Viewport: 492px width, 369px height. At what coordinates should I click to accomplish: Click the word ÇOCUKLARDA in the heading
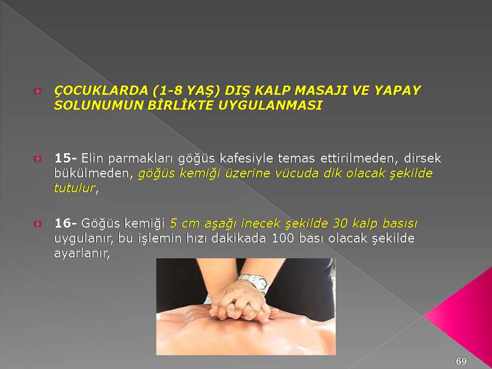click(x=101, y=90)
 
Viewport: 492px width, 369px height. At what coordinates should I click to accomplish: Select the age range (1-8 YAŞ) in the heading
click(x=188, y=91)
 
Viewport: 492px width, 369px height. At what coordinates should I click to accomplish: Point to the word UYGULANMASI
click(x=270, y=105)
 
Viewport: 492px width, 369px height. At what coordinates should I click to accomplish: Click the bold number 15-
click(x=65, y=158)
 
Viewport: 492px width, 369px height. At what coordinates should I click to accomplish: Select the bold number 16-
click(x=65, y=223)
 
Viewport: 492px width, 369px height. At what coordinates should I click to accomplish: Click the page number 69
click(x=461, y=361)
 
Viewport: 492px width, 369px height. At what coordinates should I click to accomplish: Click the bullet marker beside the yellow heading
click(x=37, y=91)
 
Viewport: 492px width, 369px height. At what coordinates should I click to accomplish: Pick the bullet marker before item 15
click(x=37, y=159)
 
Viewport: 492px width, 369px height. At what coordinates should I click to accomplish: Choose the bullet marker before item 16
click(x=37, y=224)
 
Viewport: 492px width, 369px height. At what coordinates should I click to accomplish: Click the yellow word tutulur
click(x=74, y=188)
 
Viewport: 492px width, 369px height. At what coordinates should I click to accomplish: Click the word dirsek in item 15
click(x=422, y=158)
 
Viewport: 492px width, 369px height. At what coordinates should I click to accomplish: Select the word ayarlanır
click(x=81, y=253)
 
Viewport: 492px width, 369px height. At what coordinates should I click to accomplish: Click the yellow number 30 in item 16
click(x=340, y=223)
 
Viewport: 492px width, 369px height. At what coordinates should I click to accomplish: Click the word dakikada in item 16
click(x=238, y=238)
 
